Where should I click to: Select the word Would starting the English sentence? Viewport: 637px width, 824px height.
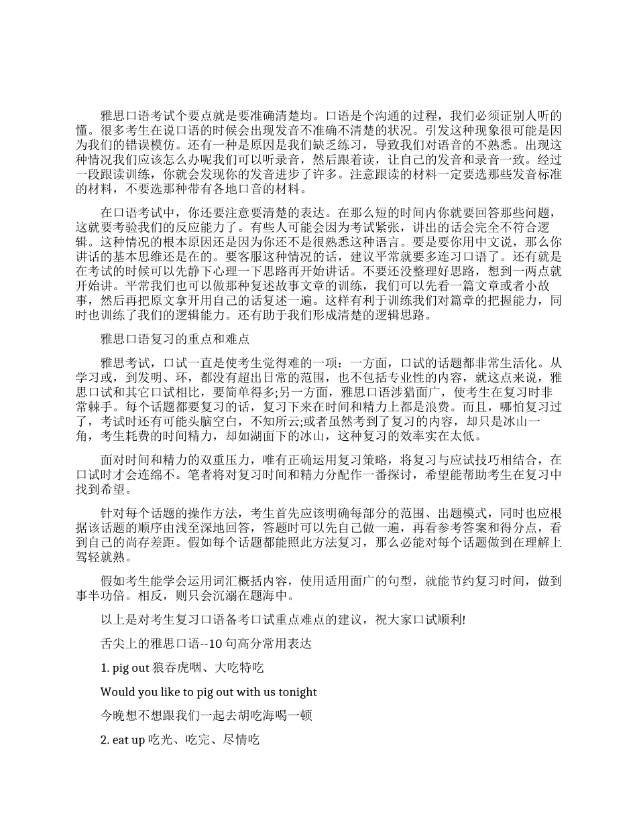(116, 692)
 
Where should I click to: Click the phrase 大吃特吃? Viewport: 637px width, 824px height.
(239, 668)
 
